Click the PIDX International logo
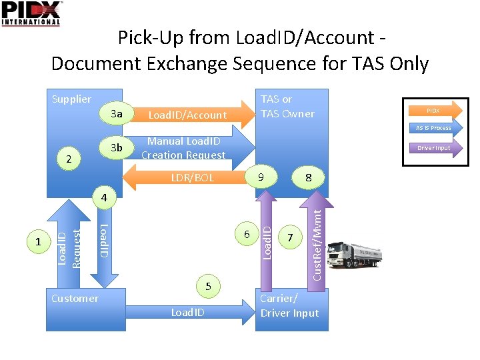pyautogui.click(x=31, y=13)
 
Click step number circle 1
pyautogui.click(x=39, y=243)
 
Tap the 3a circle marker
pyautogui.click(x=117, y=114)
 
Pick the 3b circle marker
pyautogui.click(x=117, y=147)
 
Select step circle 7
pyautogui.click(x=289, y=237)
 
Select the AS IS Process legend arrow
pyautogui.click(x=433, y=127)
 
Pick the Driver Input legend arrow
pyautogui.click(x=433, y=147)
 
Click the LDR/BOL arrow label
pyautogui.click(x=192, y=178)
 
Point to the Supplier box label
pyautogui.click(x=71, y=99)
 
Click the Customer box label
pyautogui.click(x=75, y=299)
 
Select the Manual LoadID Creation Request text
pyautogui.click(x=183, y=148)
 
